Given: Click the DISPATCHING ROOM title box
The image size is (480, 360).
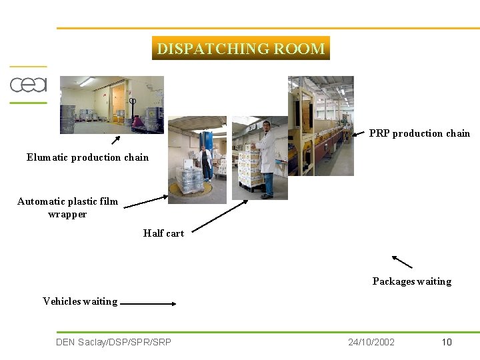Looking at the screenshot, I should click(241, 48).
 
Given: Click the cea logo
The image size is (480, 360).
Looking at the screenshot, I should click(28, 85).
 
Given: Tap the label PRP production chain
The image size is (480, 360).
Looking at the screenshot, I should click(419, 133).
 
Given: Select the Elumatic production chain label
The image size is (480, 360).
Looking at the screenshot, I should click(87, 157).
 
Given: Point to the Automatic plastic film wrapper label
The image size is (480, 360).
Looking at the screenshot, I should click(67, 207).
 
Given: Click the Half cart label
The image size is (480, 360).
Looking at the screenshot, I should click(163, 233).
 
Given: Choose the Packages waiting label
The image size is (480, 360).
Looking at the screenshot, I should click(411, 281).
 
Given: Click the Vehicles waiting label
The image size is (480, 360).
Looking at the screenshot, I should click(80, 301).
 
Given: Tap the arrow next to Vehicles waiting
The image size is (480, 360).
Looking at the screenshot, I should click(148, 303).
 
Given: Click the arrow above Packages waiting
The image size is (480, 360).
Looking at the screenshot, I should click(402, 261).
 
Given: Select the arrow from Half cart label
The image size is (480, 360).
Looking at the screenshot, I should click(220, 217).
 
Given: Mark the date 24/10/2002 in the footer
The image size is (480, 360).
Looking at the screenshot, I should click(371, 342).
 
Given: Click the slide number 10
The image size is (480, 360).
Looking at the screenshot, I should click(447, 342).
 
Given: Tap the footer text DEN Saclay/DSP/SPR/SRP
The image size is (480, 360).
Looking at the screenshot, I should click(113, 342).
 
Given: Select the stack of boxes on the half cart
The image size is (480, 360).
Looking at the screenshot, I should click(248, 170).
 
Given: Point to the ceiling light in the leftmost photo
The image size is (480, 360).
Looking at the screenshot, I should click(87, 82).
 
